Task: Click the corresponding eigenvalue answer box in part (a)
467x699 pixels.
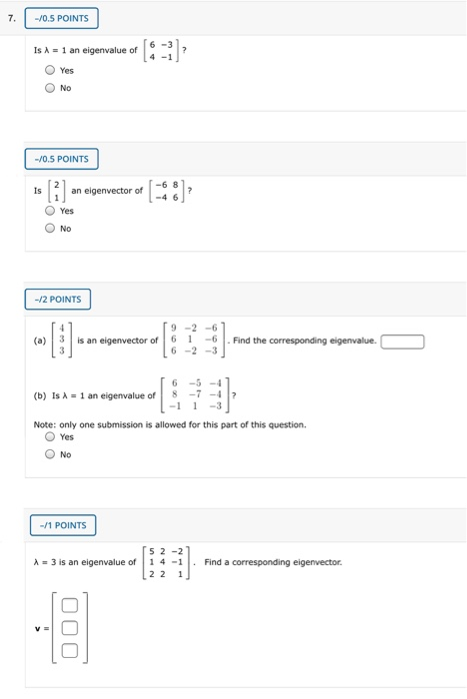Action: coord(402,342)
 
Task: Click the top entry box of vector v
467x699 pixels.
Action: coord(69,606)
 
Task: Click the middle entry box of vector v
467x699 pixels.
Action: coord(69,628)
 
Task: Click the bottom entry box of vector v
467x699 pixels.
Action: coord(69,651)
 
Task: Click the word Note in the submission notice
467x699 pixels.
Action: coord(45,423)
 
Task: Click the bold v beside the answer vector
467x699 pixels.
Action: coord(36,628)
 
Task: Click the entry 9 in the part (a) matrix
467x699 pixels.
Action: coord(174,328)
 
